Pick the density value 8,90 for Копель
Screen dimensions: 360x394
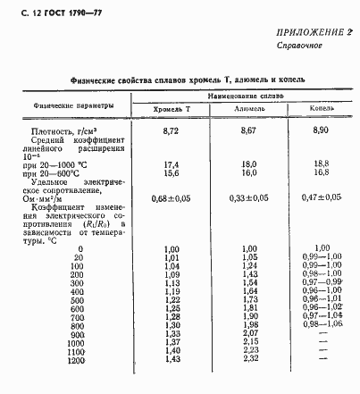pyautogui.click(x=322, y=130)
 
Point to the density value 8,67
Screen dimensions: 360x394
pyautogui.click(x=248, y=130)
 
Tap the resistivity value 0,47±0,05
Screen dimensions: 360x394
pyautogui.click(x=322, y=197)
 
